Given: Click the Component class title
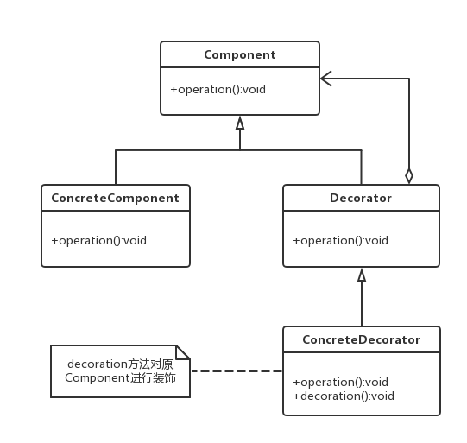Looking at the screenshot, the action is click(240, 54).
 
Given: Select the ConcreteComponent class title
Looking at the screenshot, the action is click(116, 198).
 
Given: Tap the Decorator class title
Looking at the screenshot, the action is click(361, 198).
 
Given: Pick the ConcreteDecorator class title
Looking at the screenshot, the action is click(362, 339).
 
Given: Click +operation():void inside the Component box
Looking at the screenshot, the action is click(218, 89).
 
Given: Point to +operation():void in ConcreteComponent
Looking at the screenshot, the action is click(99, 240).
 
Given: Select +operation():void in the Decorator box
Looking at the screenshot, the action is click(341, 240).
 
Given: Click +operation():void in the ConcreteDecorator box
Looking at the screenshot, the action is click(341, 382).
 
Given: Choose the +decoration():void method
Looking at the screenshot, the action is click(344, 396).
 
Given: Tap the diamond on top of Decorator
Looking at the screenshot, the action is click(409, 176).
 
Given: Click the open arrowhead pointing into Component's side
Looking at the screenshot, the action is click(325, 79).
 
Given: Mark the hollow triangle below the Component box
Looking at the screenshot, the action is click(240, 123).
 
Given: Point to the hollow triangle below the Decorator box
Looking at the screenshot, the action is click(362, 275).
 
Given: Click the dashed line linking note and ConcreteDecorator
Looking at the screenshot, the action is click(237, 371).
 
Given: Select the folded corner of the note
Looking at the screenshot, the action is click(183, 352).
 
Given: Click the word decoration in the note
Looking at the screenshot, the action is click(98, 364).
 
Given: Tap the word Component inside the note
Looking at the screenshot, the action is click(98, 377).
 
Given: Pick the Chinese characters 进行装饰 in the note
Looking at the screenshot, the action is click(153, 377).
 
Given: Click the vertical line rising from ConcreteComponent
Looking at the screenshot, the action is click(116, 168).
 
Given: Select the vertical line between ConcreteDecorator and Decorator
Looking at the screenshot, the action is click(362, 304).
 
